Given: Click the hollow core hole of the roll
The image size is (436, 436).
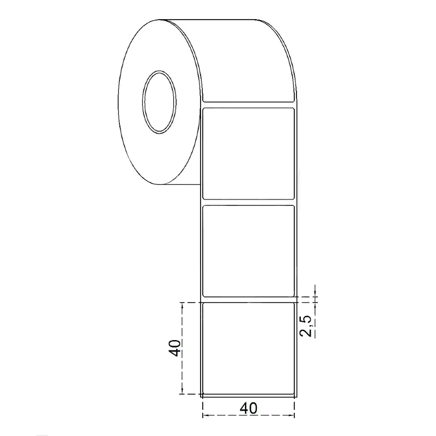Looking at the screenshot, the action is click(159, 102).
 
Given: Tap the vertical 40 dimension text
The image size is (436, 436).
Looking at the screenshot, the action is click(175, 348).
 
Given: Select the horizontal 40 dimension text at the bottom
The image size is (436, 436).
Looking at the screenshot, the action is click(249, 408).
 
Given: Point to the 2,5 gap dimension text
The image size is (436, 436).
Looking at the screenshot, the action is click(306, 326).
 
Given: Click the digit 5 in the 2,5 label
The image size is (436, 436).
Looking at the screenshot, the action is click(306, 319).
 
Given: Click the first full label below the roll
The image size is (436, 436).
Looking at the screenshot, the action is click(249, 154).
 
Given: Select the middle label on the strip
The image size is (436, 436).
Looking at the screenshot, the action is click(249, 251).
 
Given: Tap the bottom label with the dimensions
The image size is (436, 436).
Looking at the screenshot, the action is click(249, 348).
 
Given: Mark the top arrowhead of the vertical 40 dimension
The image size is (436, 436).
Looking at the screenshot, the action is click(182, 305).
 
